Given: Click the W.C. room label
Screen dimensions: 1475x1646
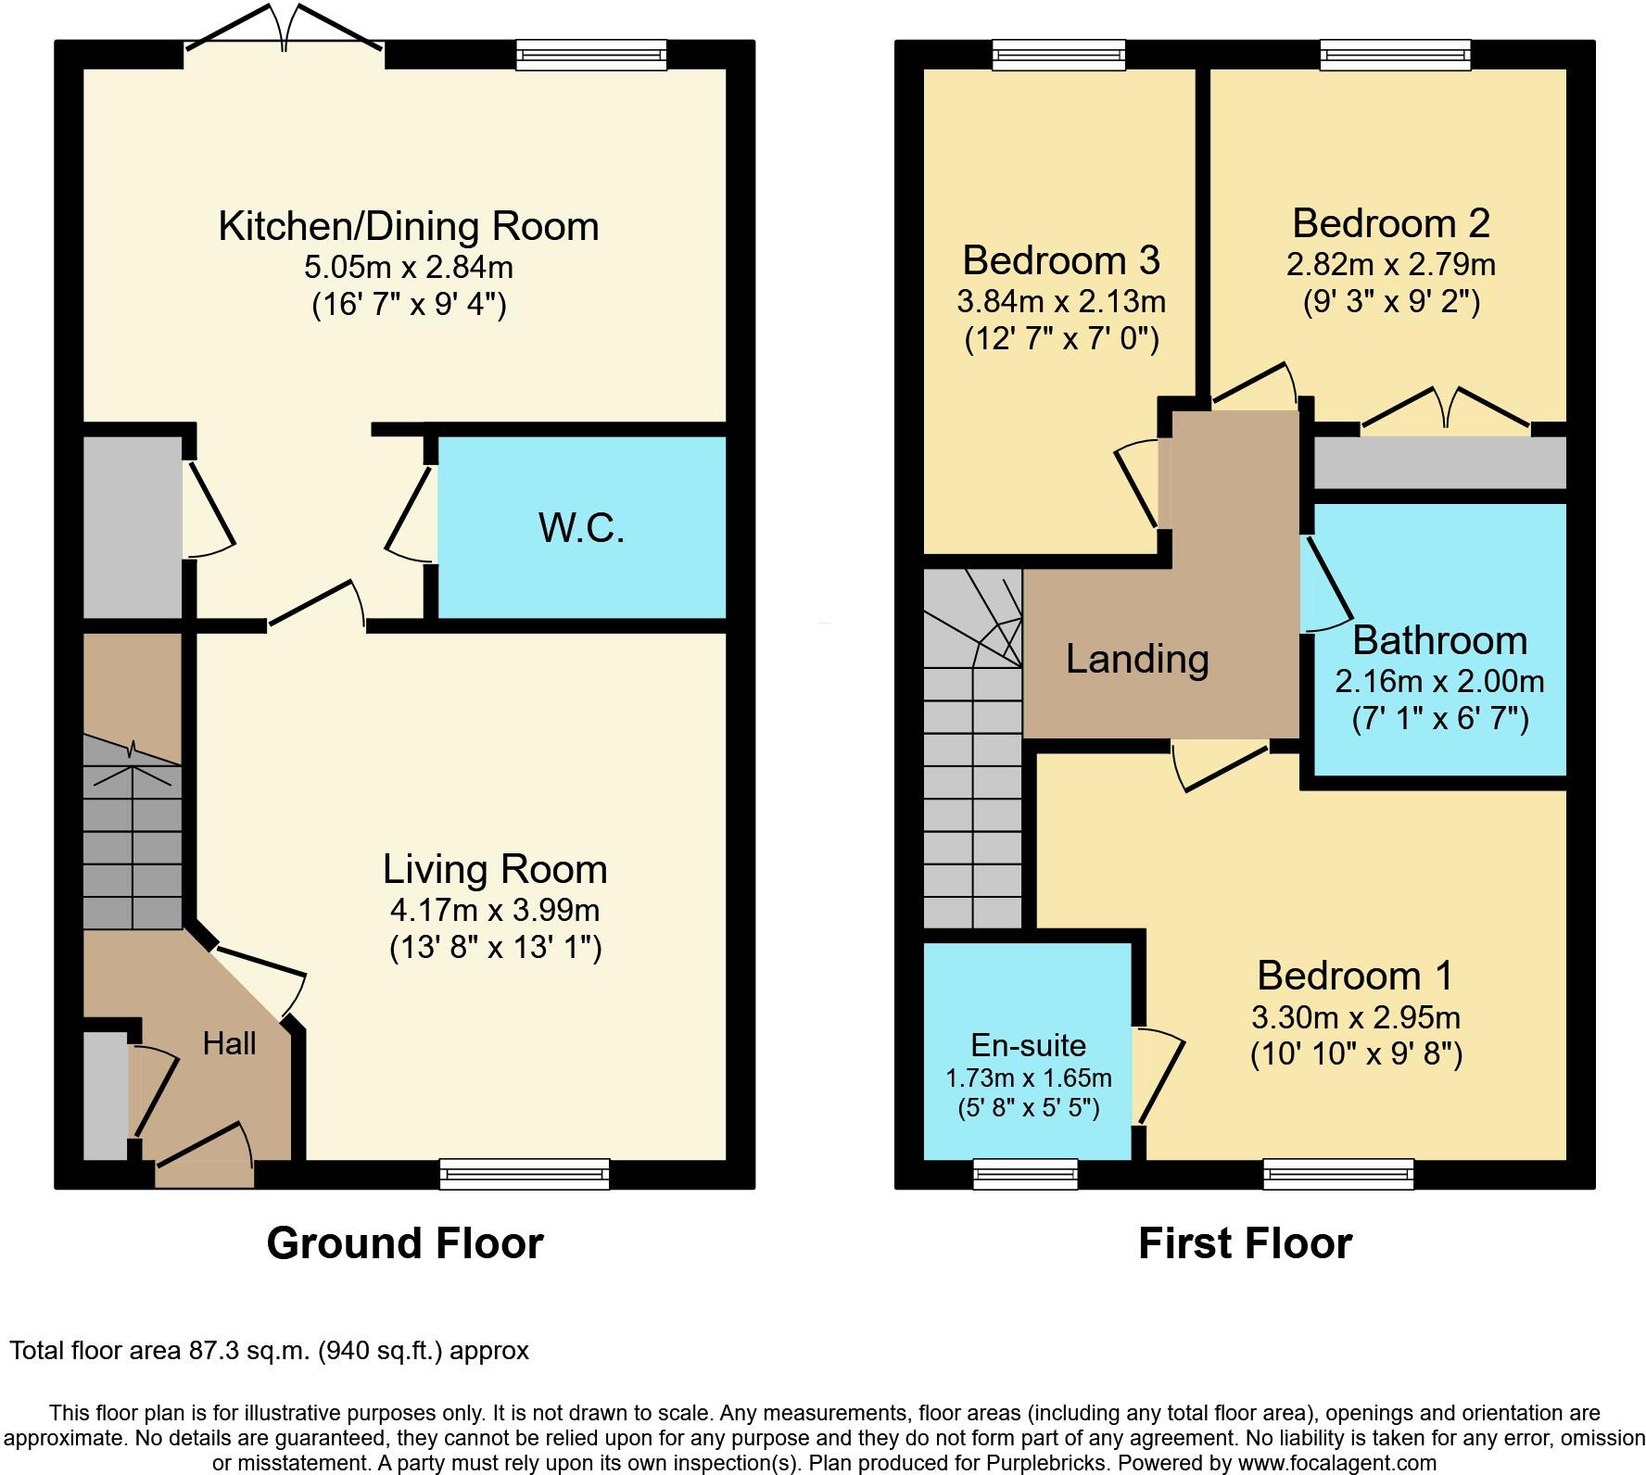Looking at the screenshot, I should point(581,528).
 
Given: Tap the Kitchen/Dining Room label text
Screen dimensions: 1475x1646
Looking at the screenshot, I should point(408,226).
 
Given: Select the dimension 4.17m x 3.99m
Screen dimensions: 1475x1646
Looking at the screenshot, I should point(495,910).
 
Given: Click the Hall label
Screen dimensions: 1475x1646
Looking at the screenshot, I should point(229,1044).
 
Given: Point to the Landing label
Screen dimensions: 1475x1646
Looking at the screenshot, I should point(1137,659).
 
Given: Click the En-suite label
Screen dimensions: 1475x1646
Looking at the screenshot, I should point(1028,1045).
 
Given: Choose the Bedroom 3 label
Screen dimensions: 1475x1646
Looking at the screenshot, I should point(1061,260).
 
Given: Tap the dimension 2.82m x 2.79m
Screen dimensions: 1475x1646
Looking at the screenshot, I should point(1390,265).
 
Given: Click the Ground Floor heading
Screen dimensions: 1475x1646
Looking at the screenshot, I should point(404,1242).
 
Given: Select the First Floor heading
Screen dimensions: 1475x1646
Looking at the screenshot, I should point(1245,1242).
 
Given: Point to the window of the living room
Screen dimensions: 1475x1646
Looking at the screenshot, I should point(525,1174).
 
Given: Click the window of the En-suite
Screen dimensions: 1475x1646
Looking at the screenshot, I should point(1026,1174).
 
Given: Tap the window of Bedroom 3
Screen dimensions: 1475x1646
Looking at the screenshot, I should point(1059,55).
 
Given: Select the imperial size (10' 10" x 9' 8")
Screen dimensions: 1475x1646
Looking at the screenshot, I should point(1356,1054).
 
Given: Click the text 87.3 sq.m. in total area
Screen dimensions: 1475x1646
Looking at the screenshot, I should point(247,1351).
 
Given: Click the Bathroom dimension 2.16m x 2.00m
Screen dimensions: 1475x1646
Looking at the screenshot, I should point(1439,682).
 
